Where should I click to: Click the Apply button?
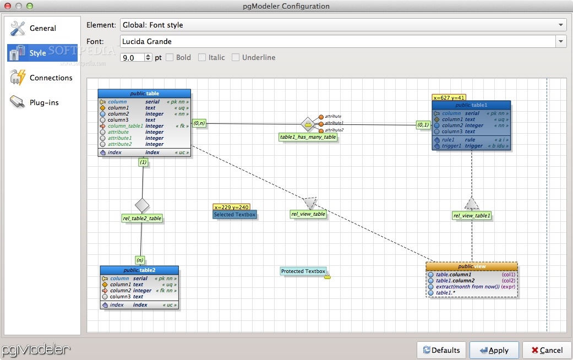(494, 350)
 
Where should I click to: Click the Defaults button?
(441, 350)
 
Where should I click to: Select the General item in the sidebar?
(42, 28)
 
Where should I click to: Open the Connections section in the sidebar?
(51, 78)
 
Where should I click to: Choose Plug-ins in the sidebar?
(44, 102)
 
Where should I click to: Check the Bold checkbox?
(170, 57)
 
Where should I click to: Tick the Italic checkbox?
(202, 57)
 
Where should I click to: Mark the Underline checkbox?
(236, 57)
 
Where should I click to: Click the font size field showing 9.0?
(132, 57)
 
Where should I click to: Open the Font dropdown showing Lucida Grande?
(343, 41)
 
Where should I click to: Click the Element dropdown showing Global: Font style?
(343, 25)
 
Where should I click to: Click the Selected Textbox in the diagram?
(234, 215)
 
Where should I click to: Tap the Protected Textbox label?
(303, 271)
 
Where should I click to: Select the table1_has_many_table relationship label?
(308, 137)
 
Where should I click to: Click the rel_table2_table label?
(142, 218)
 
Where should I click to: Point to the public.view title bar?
(472, 266)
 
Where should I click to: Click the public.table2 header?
(139, 270)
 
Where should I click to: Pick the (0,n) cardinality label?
(199, 123)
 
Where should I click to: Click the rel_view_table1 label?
(472, 216)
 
